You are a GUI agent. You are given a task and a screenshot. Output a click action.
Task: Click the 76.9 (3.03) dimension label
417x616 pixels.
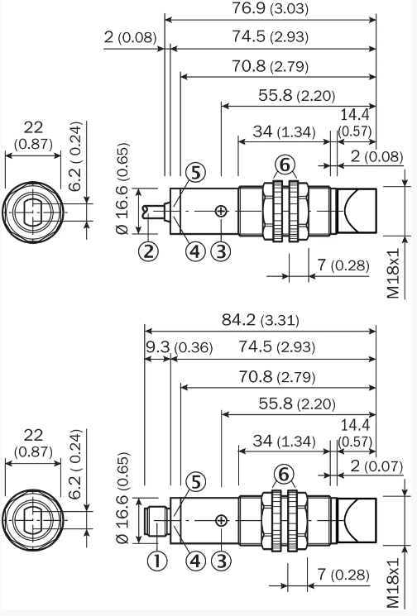(x=270, y=8)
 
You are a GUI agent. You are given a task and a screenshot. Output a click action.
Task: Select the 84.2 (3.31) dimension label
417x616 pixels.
(x=260, y=320)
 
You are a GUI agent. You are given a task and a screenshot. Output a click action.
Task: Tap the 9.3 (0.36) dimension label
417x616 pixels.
(x=180, y=347)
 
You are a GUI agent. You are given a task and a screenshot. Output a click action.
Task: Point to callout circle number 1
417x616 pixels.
(x=157, y=561)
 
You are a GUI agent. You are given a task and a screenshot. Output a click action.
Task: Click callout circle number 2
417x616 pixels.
(x=149, y=251)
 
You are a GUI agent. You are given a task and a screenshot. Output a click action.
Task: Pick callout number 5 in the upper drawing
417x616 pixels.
(x=195, y=173)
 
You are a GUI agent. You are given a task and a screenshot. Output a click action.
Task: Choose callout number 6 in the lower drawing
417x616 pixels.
(x=284, y=475)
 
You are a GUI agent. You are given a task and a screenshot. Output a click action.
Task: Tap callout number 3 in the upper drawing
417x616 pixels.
(x=221, y=251)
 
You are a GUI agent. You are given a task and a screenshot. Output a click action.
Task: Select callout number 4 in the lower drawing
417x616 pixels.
(x=195, y=561)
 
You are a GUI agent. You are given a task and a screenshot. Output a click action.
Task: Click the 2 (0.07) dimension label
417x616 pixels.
(x=376, y=466)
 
